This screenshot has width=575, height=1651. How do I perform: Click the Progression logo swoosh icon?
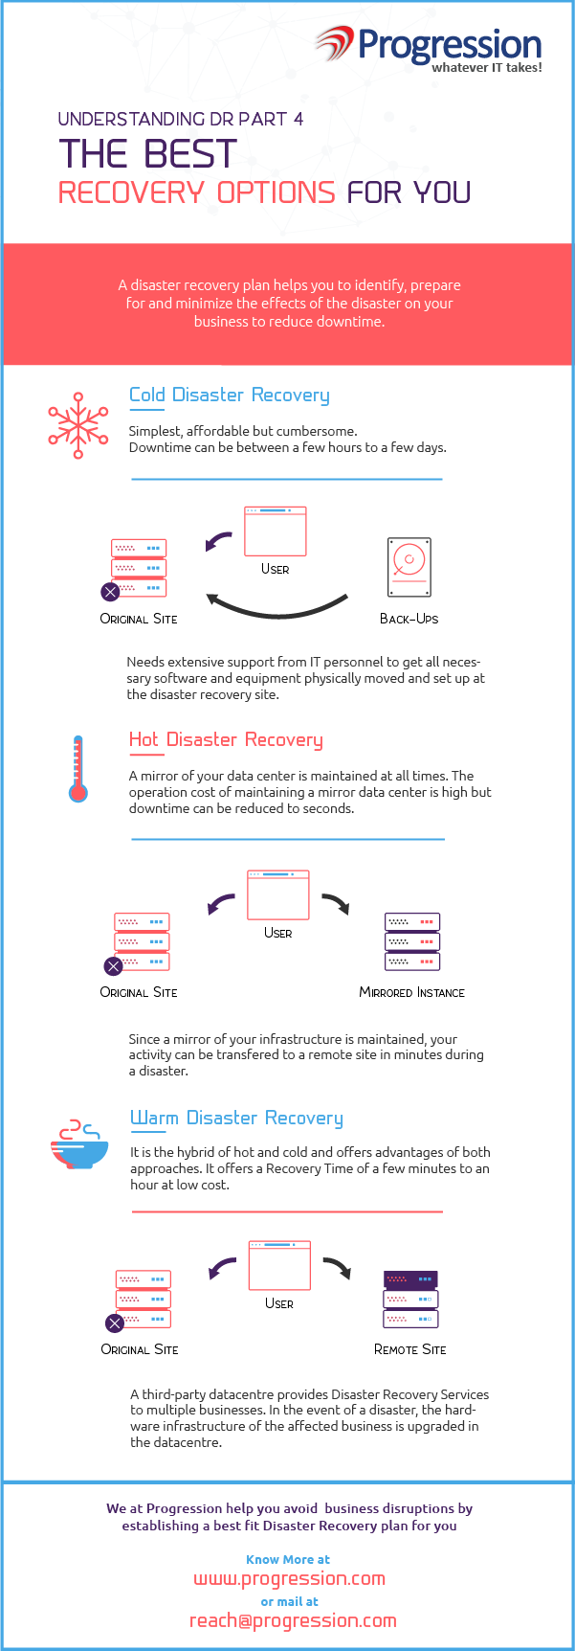pyautogui.click(x=335, y=43)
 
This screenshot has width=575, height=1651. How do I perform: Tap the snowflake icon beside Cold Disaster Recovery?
pyautogui.click(x=78, y=425)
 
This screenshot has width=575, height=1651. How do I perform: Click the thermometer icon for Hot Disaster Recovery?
pyautogui.click(x=78, y=769)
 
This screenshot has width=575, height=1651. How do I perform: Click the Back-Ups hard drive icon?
pyautogui.click(x=409, y=568)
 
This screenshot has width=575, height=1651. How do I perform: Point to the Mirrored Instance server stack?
pyautogui.click(x=412, y=941)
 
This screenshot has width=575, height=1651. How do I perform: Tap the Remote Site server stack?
pyautogui.click(x=410, y=1300)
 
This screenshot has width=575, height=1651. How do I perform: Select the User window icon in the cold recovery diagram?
pyautogui.click(x=276, y=531)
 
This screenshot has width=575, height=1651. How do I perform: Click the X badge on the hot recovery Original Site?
pyautogui.click(x=113, y=965)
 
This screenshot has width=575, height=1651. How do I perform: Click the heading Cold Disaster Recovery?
pyautogui.click(x=230, y=395)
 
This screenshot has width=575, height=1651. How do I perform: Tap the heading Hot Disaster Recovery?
pyautogui.click(x=226, y=739)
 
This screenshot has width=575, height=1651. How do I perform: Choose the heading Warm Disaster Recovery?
pyautogui.click(x=236, y=1118)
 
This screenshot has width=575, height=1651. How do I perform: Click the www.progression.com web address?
pyautogui.click(x=289, y=1579)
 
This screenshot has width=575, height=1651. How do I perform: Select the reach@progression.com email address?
pyautogui.click(x=293, y=1620)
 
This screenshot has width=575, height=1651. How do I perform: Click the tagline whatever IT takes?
pyautogui.click(x=487, y=68)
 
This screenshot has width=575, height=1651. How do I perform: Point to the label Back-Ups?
pyautogui.click(x=409, y=619)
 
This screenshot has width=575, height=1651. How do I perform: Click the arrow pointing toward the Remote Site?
pyautogui.click(x=337, y=1268)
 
